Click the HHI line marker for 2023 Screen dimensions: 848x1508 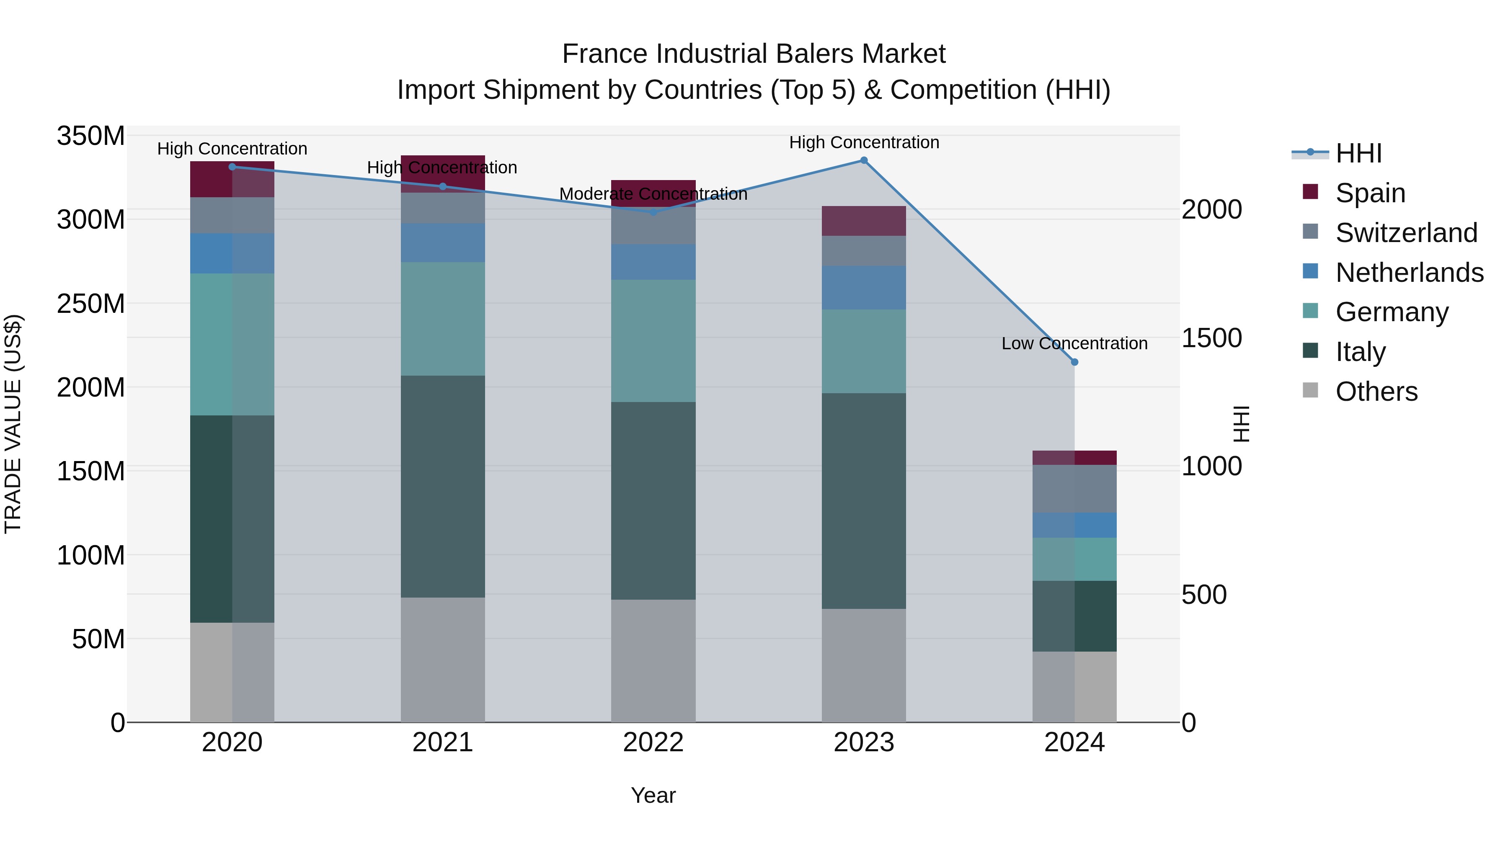point(863,160)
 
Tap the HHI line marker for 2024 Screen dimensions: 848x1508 point(1074,362)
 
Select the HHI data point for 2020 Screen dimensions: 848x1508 point(232,167)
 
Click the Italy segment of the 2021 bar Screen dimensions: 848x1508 point(443,486)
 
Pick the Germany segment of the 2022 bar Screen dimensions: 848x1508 point(653,340)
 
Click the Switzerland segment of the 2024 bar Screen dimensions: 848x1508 point(1074,489)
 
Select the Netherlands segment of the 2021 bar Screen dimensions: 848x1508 point(443,243)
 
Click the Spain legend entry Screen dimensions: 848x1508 point(1370,193)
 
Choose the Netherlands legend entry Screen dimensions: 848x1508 point(1409,273)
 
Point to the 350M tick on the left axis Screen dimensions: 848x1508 point(91,137)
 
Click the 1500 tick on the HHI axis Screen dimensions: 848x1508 point(1211,338)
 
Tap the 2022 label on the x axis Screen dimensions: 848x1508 point(653,742)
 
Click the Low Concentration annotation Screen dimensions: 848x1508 point(1074,343)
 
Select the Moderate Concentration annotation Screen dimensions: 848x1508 point(653,194)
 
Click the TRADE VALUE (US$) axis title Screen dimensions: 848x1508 point(13,424)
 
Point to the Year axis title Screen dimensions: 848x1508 point(653,796)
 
